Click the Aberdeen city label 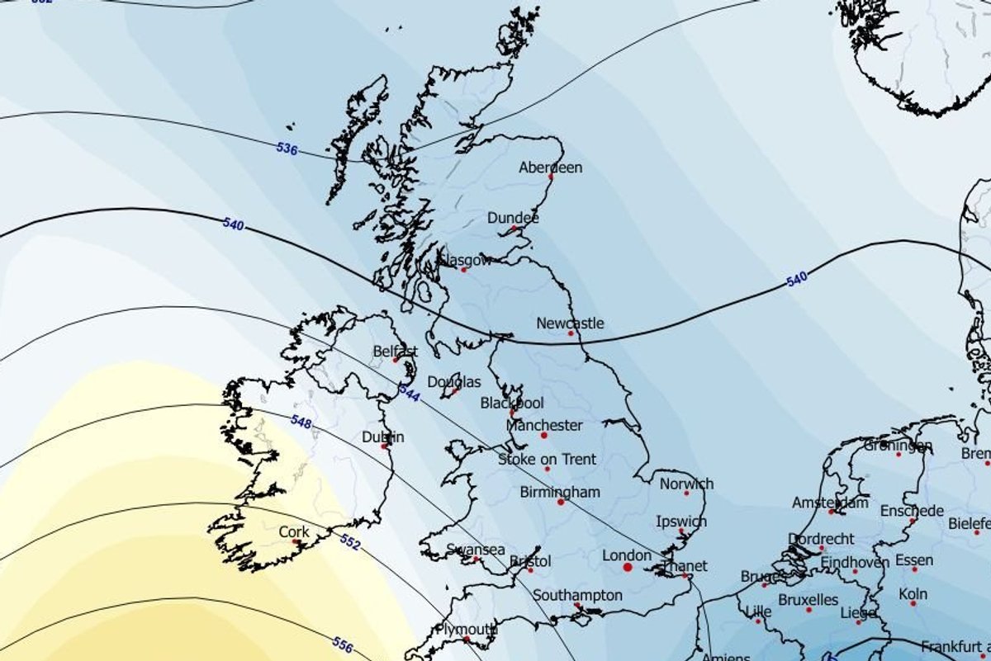550,168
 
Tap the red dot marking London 627,568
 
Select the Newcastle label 570,323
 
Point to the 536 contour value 287,149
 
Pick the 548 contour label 301,421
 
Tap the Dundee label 513,218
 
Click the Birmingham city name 560,492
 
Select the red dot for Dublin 385,446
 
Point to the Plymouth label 467,629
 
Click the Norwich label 686,484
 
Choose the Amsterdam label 830,503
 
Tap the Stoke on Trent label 547,459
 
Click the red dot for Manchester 544,436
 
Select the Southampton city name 577,595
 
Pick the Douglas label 454,382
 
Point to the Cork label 294,532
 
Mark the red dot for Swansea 477,559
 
